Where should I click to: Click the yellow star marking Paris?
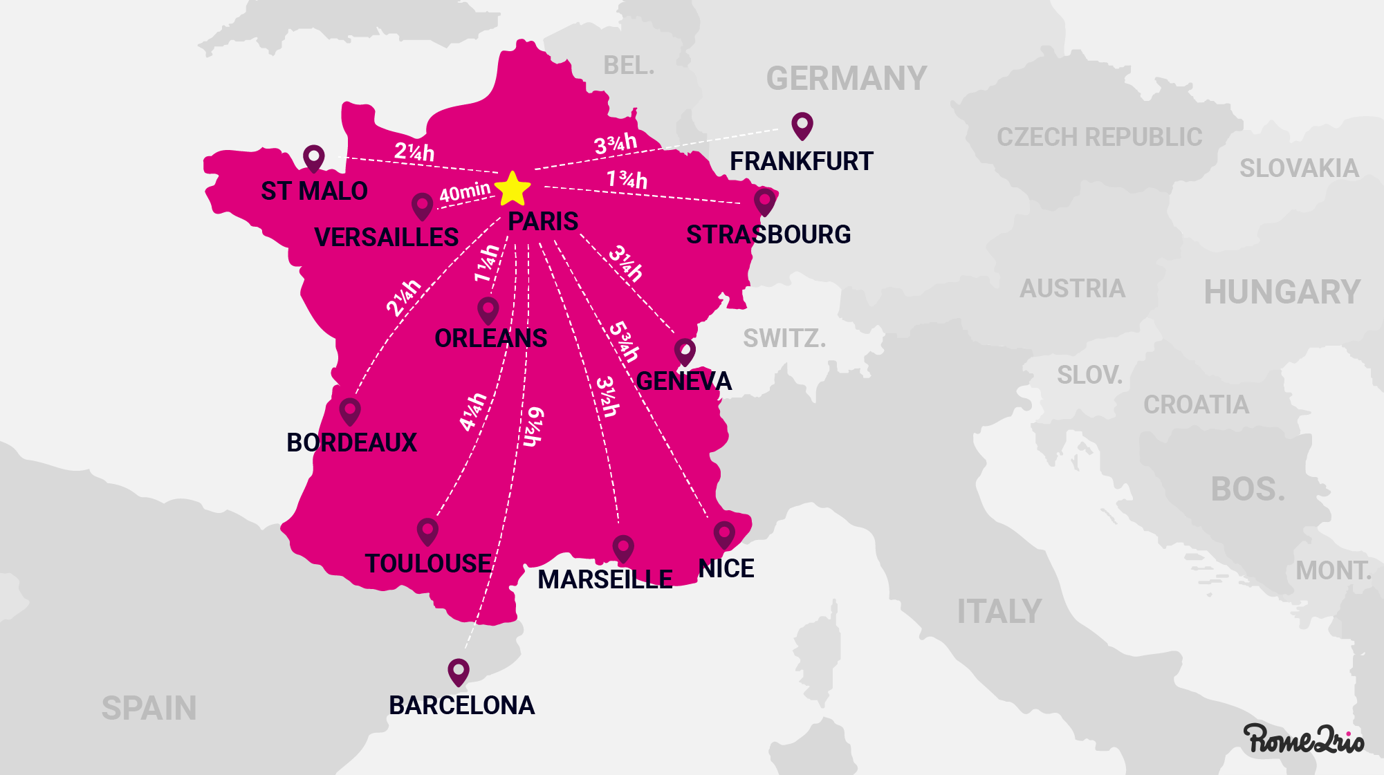(x=513, y=189)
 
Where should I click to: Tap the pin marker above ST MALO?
(x=313, y=158)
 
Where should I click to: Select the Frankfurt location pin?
(x=802, y=126)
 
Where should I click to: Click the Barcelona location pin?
(x=458, y=672)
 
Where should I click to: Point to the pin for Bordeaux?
(x=350, y=411)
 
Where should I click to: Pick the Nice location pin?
(x=724, y=535)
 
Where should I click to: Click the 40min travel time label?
(x=465, y=192)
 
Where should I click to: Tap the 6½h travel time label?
(x=533, y=427)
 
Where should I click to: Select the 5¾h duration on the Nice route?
(x=624, y=342)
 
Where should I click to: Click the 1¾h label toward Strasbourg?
(x=627, y=180)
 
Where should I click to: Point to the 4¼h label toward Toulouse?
(x=474, y=411)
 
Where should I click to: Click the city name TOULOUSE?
(x=428, y=563)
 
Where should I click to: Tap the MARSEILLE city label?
(x=605, y=579)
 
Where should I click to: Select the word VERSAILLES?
(x=386, y=237)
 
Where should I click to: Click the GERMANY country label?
(x=846, y=79)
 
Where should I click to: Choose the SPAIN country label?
(x=149, y=708)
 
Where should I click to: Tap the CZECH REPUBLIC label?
(x=1099, y=137)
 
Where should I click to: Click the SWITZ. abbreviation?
(x=784, y=338)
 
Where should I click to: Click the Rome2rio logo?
(x=1303, y=739)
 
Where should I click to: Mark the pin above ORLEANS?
(x=488, y=310)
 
